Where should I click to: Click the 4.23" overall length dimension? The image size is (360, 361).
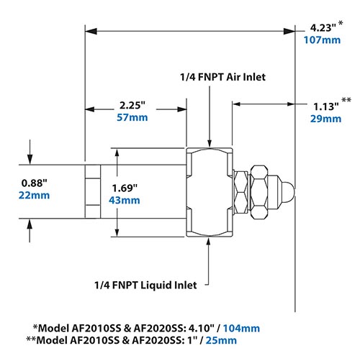(319, 28)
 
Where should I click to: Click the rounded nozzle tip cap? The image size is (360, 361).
(287, 191)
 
